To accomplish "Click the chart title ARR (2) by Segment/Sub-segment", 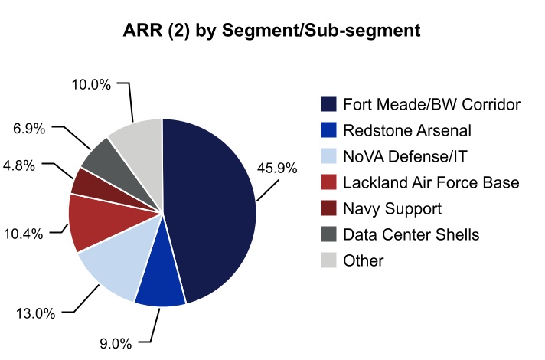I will coord(272,31).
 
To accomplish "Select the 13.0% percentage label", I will coord(34,313).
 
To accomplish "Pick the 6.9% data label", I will coord(29,128).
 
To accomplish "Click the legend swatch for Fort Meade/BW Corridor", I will coord(328,104).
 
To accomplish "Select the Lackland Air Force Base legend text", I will coord(431,182).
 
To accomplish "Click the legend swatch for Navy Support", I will coord(328,208).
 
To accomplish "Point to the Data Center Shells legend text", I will coord(411,234).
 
